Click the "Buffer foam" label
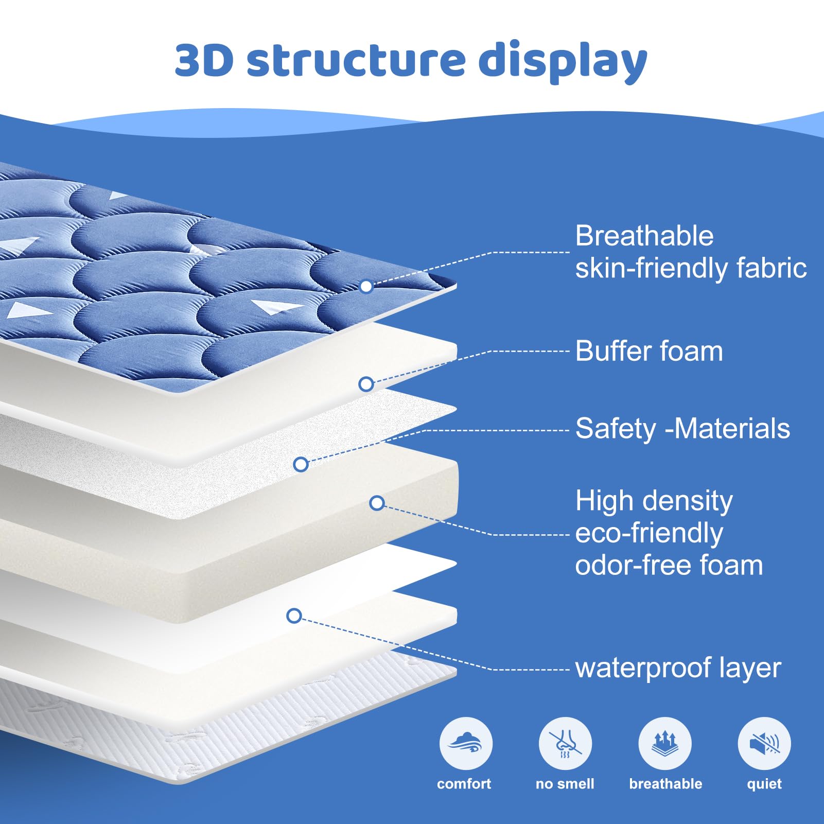pos(649,352)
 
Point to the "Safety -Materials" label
pos(682,429)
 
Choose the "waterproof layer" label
pos(678,668)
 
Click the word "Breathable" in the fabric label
pos(644,236)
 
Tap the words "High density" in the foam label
pos(654,501)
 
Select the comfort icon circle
pos(466,744)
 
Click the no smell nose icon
pos(565,744)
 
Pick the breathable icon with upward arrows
pos(665,744)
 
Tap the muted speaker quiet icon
pos(764,744)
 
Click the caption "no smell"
pos(565,784)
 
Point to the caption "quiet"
pos(764,784)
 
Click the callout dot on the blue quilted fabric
pos(366,286)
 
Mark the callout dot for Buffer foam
pos(366,384)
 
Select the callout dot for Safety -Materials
pos(301,464)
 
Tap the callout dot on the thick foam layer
pos(377,503)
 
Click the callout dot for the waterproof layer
pos(294,616)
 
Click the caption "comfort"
pos(464,784)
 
